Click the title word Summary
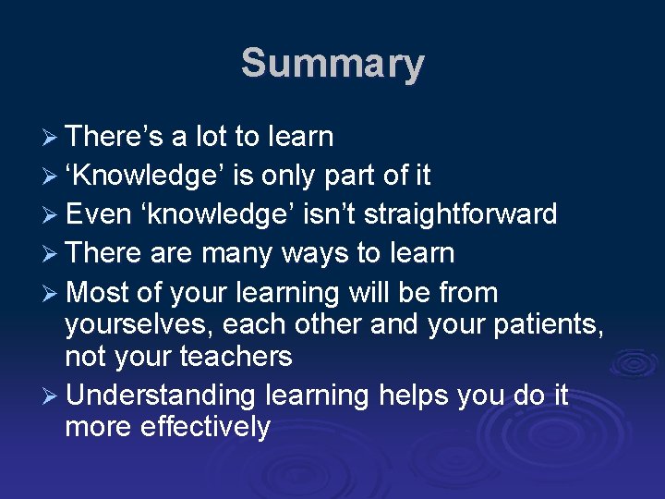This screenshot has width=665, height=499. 332,65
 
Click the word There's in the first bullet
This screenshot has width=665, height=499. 115,137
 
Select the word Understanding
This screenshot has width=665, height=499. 161,396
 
